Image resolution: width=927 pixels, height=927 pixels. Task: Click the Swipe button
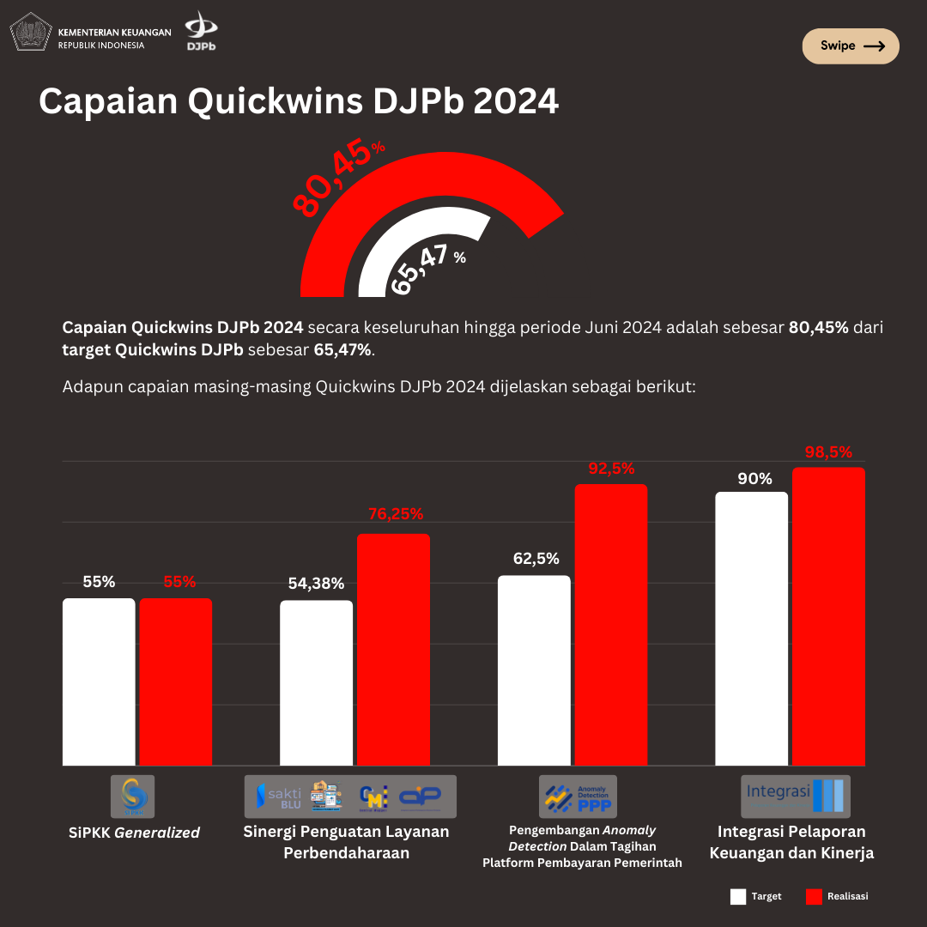(850, 46)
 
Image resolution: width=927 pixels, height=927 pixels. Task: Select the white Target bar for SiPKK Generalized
(99, 682)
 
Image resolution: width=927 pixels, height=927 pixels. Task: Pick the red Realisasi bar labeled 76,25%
(393, 649)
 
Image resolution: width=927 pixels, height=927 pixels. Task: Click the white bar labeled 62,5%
(534, 669)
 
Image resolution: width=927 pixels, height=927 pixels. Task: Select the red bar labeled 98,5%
(828, 616)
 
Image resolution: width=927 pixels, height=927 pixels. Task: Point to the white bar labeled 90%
(751, 628)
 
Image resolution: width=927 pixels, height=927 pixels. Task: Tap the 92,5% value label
(611, 469)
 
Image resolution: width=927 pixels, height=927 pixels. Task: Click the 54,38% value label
(316, 584)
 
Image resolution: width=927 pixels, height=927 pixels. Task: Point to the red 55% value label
(179, 582)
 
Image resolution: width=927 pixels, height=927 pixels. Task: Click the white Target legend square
(738, 897)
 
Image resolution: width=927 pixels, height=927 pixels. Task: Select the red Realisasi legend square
(814, 897)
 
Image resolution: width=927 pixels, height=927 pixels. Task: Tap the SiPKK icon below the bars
(133, 797)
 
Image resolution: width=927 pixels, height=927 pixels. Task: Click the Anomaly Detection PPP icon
(578, 797)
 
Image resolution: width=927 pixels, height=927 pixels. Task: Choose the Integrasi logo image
(795, 796)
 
